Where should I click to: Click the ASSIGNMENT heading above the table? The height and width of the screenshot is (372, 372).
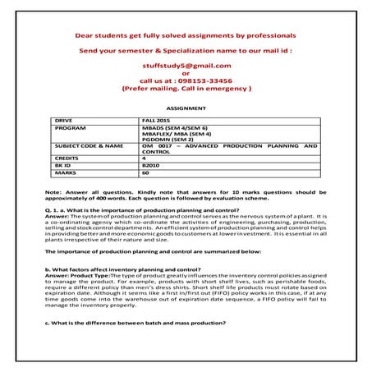click(185, 108)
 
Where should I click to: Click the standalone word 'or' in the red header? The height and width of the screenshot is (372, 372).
click(186, 73)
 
